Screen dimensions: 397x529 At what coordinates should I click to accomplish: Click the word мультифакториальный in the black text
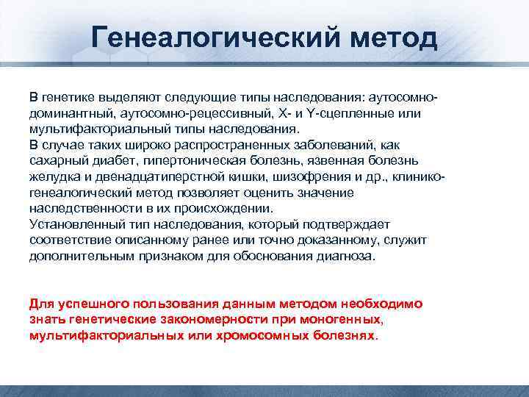pyautogui.click(x=95, y=129)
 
